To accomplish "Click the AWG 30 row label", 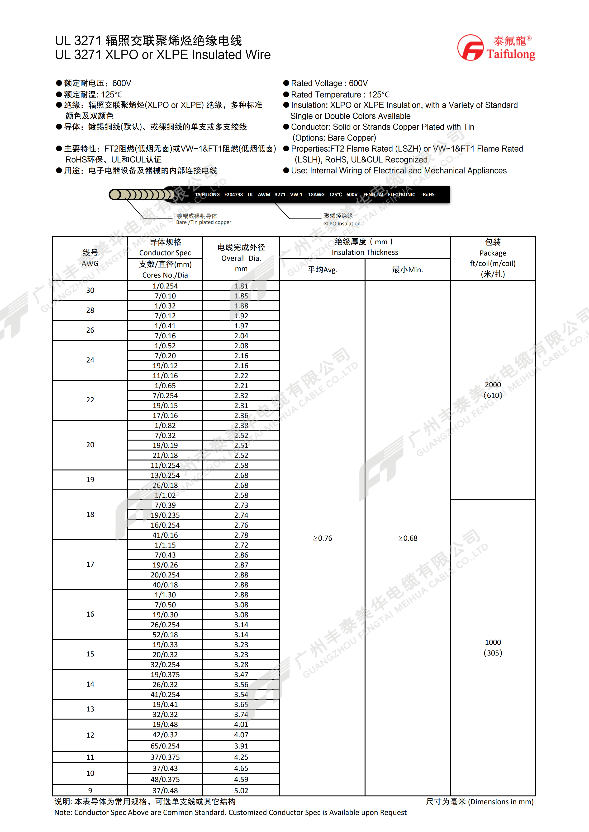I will tap(90, 290).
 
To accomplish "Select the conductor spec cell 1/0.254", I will tap(165, 286).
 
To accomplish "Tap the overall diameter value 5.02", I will tap(241, 790).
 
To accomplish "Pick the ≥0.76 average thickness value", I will tap(323, 538).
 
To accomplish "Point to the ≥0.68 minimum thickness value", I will tap(408, 538).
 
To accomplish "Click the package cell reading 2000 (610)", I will tap(493, 390).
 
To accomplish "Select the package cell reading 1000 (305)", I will tap(493, 648).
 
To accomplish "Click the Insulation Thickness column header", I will tap(365, 247).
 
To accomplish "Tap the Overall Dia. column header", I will tap(241, 258).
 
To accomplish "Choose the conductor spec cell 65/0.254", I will tap(165, 746).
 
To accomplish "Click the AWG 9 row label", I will tap(90, 790).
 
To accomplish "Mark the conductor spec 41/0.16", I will tap(165, 535).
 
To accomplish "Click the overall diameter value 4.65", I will tap(241, 768).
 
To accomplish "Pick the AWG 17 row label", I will tap(90, 564).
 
